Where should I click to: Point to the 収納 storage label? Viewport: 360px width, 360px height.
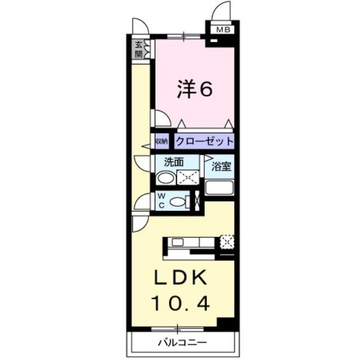(161, 141)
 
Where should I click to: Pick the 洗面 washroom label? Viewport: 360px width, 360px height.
(174, 161)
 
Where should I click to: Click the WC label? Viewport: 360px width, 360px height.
(160, 200)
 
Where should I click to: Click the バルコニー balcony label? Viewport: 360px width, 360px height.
(182, 341)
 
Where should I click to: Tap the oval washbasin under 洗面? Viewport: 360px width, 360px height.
(165, 178)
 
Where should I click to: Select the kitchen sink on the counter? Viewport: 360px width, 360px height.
(177, 242)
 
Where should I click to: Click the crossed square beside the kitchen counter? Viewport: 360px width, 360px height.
(227, 242)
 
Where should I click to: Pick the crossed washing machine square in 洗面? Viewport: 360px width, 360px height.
(188, 178)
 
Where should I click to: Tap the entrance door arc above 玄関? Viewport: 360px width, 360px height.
(140, 26)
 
